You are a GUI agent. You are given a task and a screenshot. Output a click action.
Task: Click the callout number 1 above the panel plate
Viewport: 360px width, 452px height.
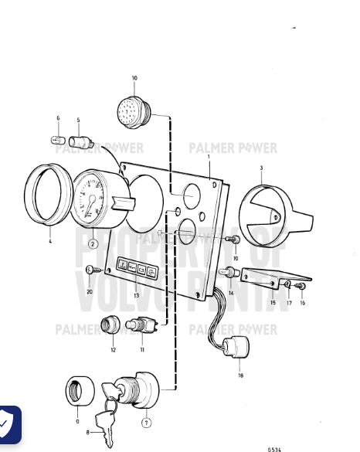click(209, 157)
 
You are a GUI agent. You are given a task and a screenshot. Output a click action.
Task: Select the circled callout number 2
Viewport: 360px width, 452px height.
click(93, 244)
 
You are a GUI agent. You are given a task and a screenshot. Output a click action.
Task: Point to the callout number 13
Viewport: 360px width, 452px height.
click(136, 295)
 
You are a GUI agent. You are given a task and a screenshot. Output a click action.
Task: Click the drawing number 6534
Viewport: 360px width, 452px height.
click(274, 447)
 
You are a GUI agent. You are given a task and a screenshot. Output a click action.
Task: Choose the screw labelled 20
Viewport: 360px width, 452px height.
click(90, 269)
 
